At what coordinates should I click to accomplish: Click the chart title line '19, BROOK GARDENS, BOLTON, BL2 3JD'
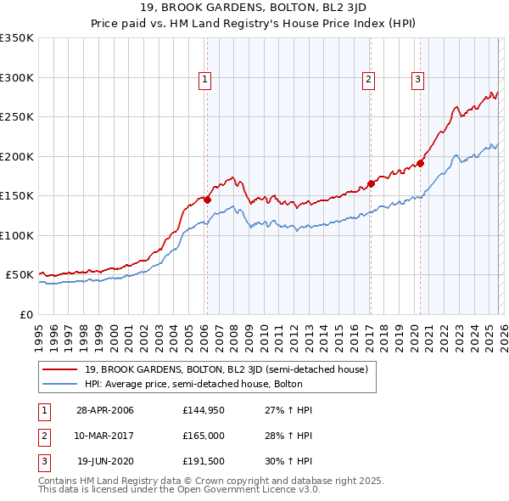coord(255,9)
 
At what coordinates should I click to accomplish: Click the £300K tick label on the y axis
coord(17,77)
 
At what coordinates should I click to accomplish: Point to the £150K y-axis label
coord(17,195)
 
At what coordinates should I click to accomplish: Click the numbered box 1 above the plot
coord(206,81)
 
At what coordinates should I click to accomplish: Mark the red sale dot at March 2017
coord(371,183)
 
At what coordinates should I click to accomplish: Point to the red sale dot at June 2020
coord(420,163)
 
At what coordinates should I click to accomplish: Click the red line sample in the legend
coord(59,369)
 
